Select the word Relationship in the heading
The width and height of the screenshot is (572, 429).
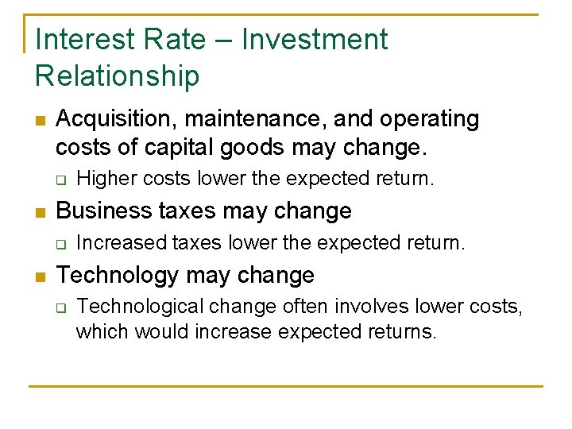coord(118,75)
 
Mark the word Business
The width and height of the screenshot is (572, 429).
coord(102,211)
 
